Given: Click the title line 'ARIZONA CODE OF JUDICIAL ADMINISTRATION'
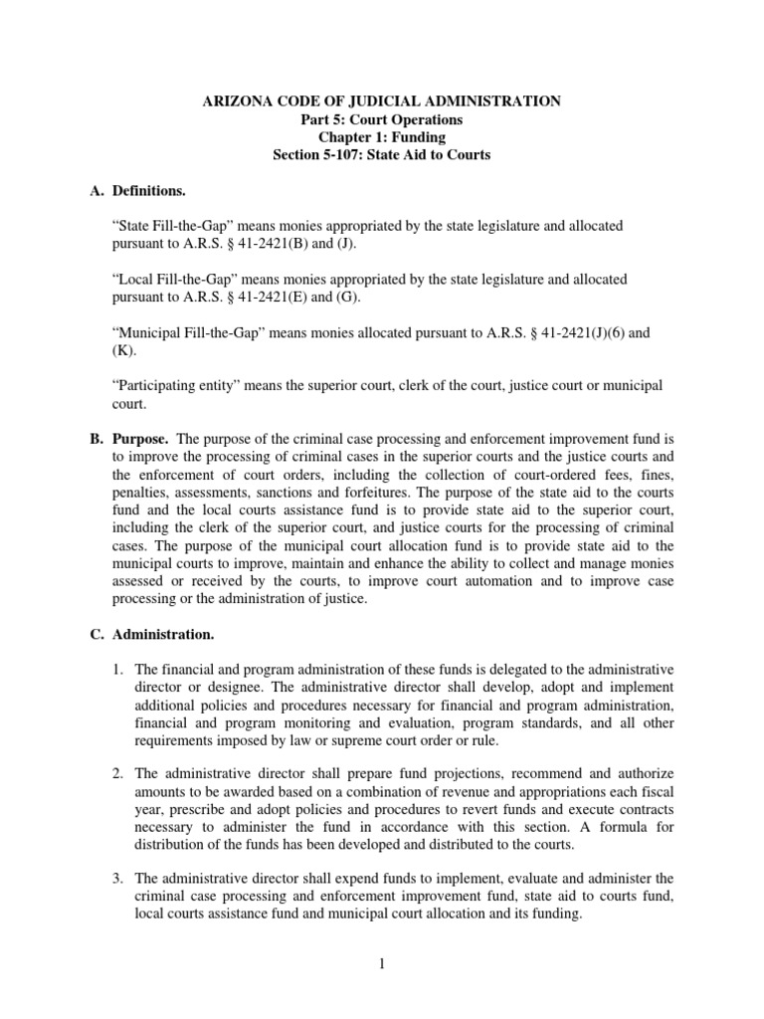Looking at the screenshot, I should pyautogui.click(x=381, y=102).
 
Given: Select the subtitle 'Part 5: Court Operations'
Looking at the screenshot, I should pyautogui.click(x=381, y=119).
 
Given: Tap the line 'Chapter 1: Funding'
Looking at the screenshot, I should pyautogui.click(x=381, y=137).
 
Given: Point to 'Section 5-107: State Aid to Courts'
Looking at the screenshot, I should pyautogui.click(x=381, y=155).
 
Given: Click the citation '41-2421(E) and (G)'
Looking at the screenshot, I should pyautogui.click(x=289, y=297).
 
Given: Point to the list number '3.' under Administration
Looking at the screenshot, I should pyautogui.click(x=116, y=878).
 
